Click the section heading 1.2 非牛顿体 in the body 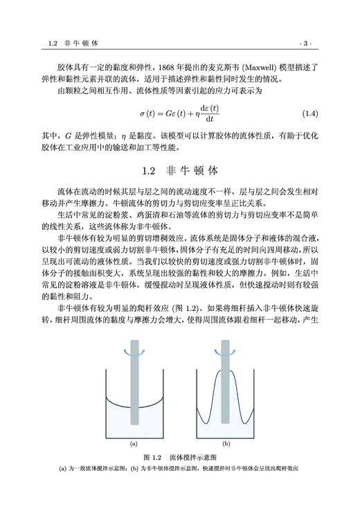[179, 169]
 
